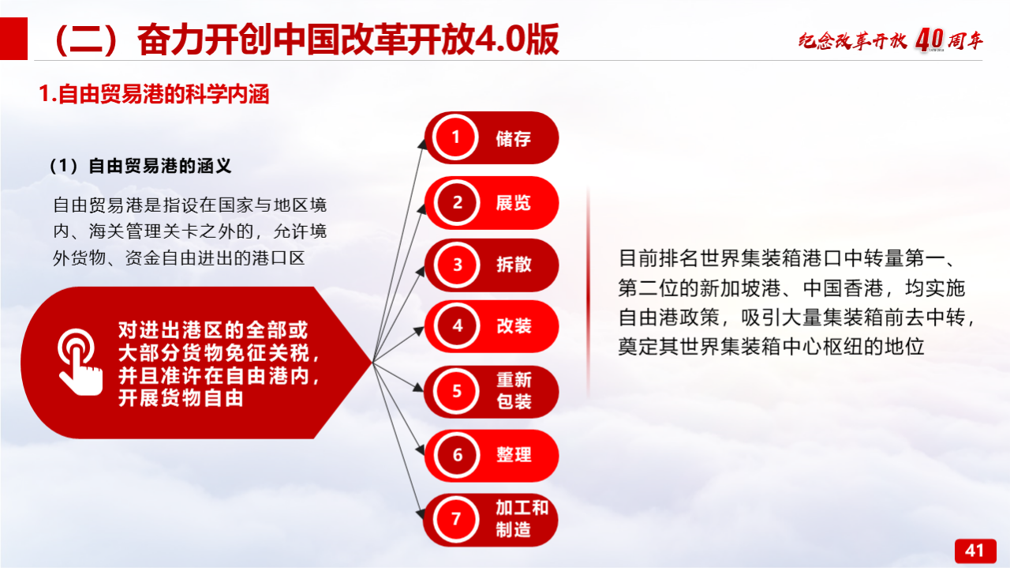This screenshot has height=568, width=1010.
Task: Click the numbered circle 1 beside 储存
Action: click(455, 137)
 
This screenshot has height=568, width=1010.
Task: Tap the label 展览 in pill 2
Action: click(514, 203)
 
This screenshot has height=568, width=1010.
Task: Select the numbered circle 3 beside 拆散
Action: click(456, 265)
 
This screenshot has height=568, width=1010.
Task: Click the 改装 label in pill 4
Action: click(514, 326)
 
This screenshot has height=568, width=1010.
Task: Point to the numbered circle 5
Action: click(456, 391)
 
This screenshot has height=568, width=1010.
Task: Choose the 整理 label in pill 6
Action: click(514, 455)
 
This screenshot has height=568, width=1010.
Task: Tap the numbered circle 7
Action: click(456, 519)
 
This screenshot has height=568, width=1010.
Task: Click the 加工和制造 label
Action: click(522, 519)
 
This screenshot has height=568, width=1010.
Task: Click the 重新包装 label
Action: click(514, 390)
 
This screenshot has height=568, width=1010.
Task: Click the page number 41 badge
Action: click(975, 551)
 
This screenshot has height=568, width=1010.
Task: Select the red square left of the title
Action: click(13, 39)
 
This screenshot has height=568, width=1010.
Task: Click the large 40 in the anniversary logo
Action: click(930, 40)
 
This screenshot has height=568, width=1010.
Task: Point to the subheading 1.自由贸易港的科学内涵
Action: click(154, 94)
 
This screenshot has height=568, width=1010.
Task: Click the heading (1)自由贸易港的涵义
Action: click(140, 166)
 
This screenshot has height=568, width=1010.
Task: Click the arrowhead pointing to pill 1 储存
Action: click(422, 144)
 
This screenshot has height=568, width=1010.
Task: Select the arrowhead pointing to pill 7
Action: click(421, 513)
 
